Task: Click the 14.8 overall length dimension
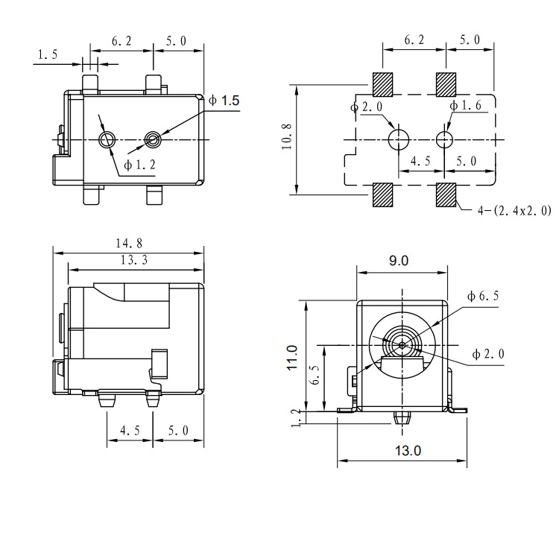tap(129, 244)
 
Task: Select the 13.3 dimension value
tap(133, 260)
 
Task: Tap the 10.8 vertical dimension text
tap(287, 136)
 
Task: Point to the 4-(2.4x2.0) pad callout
tap(514, 211)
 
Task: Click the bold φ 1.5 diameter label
tap(224, 101)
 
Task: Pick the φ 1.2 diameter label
tap(140, 165)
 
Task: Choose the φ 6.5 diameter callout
tap(483, 296)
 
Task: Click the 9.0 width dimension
tap(399, 261)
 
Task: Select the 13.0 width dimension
tap(408, 451)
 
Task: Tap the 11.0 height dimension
tap(292, 358)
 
